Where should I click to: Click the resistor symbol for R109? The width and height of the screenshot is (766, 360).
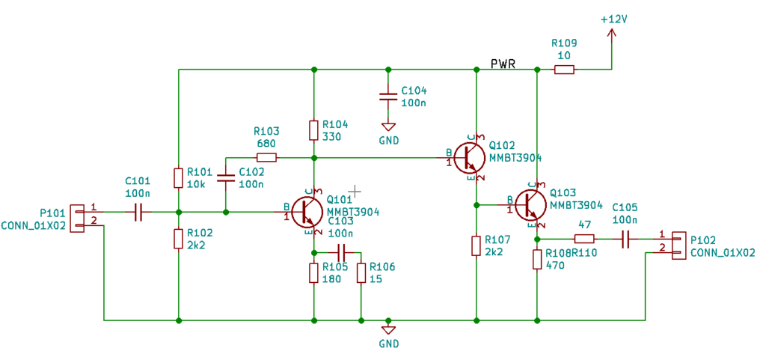[x=564, y=70]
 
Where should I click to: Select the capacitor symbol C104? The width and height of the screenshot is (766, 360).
[x=387, y=97]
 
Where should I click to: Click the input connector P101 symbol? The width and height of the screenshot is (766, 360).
[x=78, y=217]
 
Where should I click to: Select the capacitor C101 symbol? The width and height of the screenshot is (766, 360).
[x=138, y=213]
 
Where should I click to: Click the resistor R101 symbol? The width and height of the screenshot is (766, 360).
[x=178, y=177]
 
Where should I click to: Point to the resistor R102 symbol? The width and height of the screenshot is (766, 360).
[x=178, y=239]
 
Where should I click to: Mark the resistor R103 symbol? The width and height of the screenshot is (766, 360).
[x=266, y=157]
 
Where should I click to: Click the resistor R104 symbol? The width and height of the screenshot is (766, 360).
[x=313, y=130]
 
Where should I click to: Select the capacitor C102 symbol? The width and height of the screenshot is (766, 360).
[x=225, y=180]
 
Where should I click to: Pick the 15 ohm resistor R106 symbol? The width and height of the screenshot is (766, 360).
[x=361, y=273]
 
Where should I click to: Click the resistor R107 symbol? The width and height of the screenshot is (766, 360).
[x=476, y=245]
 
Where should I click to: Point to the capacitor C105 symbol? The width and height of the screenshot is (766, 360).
[x=626, y=239]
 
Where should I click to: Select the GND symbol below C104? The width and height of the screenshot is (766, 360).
[x=387, y=127]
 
